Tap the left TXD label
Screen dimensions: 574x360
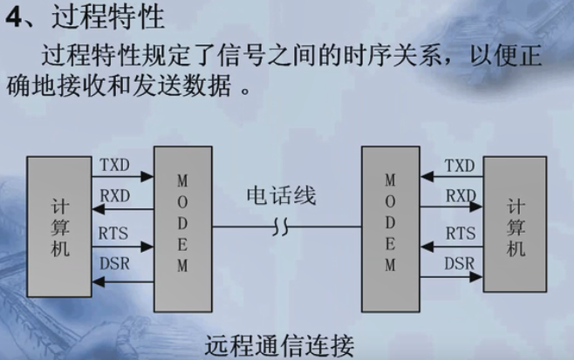click(115, 164)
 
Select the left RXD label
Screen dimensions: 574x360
click(115, 196)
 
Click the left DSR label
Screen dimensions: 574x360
click(115, 264)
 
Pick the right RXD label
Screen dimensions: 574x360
click(460, 196)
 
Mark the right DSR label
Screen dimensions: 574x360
click(460, 263)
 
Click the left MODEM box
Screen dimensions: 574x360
click(183, 228)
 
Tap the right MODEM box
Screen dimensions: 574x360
click(390, 228)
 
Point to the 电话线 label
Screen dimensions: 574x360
click(280, 195)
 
